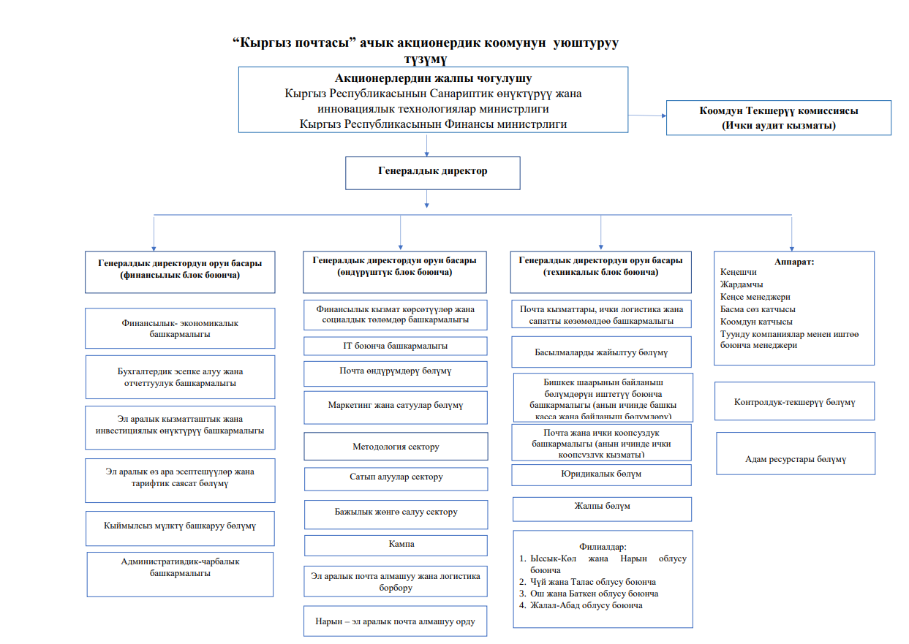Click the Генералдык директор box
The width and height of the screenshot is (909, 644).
(x=432, y=173)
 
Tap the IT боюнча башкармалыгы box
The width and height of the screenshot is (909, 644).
(x=396, y=346)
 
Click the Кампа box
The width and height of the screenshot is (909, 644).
(x=396, y=545)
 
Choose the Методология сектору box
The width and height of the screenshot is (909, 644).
(x=396, y=447)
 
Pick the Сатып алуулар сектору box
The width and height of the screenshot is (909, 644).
(x=396, y=478)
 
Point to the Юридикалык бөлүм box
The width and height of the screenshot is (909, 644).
(x=602, y=474)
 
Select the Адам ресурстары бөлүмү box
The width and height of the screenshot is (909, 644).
(x=795, y=459)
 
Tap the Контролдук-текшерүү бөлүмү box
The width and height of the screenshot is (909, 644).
(x=794, y=402)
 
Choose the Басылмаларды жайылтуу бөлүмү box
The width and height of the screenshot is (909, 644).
(x=602, y=352)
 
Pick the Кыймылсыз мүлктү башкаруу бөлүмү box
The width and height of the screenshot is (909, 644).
(x=180, y=526)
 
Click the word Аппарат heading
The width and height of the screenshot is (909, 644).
(x=793, y=261)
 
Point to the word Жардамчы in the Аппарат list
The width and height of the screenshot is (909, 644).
(x=742, y=284)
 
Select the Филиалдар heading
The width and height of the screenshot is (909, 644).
(x=603, y=546)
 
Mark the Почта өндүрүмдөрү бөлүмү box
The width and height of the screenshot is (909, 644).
(x=396, y=372)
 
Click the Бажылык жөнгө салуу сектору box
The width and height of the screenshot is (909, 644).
(x=396, y=512)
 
